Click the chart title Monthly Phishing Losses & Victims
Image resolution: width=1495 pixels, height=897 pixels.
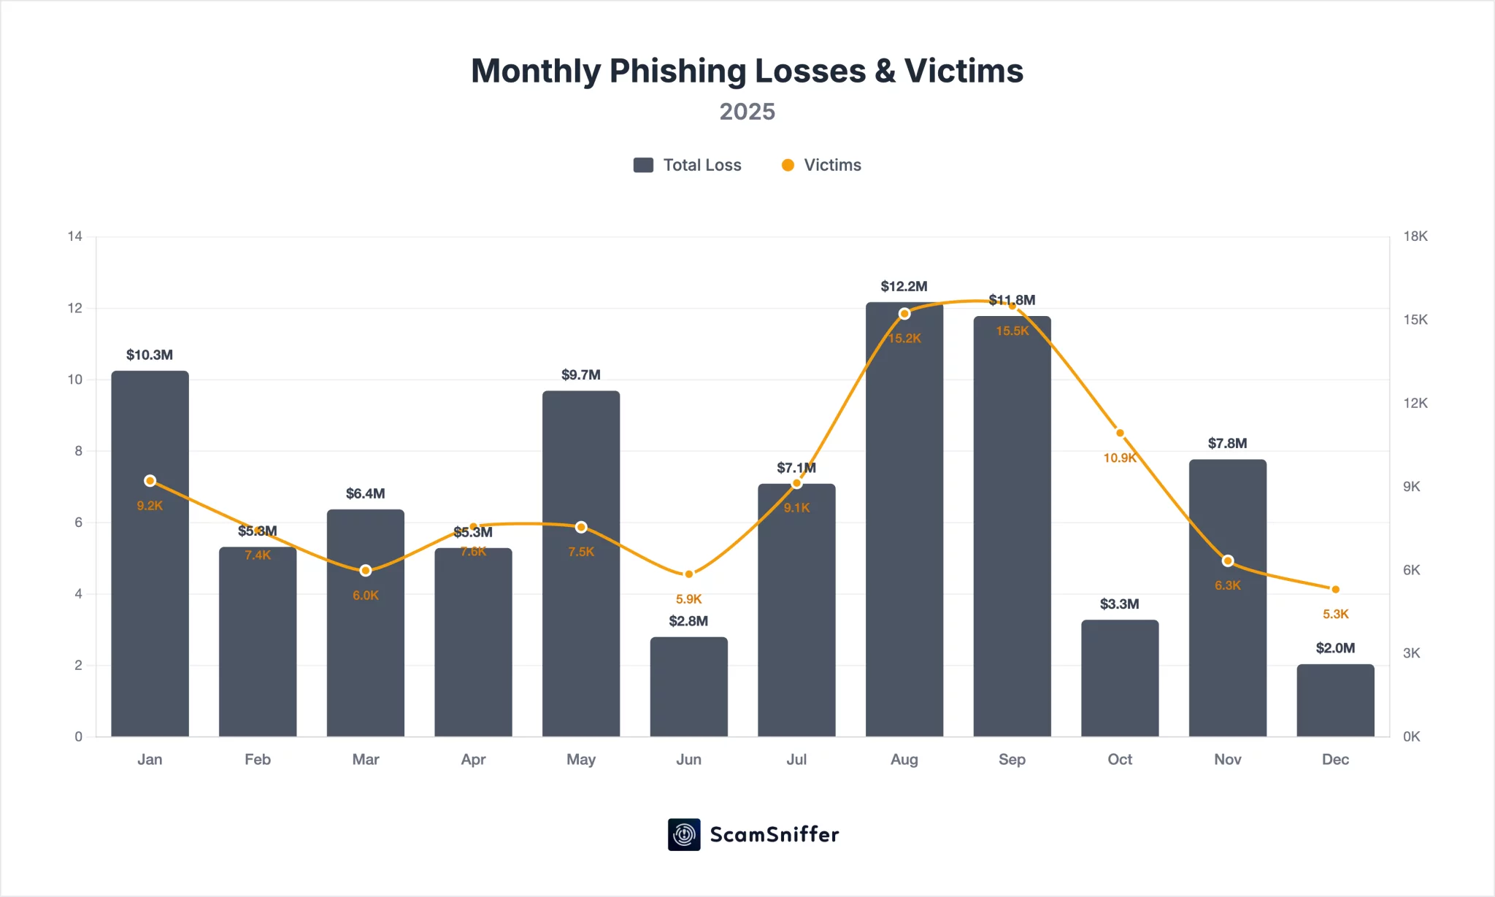point(747,72)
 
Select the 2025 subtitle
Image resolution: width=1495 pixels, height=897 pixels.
point(747,112)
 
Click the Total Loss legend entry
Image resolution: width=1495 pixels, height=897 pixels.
point(688,165)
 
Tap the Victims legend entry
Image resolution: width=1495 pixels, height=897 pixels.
point(821,165)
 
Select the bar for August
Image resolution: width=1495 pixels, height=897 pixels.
point(904,526)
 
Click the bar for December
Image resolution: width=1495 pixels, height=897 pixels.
point(1335,701)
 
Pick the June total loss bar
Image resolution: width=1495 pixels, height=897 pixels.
point(688,687)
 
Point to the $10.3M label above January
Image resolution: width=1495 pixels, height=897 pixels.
point(150,355)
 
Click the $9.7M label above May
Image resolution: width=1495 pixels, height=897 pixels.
point(581,375)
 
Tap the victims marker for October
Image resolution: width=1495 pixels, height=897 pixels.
point(1120,433)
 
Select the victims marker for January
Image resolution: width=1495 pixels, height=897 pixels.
point(150,481)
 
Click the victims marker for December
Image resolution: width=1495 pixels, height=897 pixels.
point(1335,590)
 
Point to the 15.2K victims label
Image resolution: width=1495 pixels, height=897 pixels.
point(904,339)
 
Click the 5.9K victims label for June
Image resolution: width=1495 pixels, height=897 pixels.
point(688,599)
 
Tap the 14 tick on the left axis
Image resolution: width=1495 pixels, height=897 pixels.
point(74,236)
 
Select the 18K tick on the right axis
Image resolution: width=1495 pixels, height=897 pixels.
point(1415,236)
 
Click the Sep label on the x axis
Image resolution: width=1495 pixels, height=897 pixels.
point(1012,760)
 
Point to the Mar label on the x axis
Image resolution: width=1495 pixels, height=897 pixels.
point(365,760)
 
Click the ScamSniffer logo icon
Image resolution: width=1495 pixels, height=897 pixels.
point(684,834)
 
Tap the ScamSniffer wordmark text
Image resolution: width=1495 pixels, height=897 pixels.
point(775,834)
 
